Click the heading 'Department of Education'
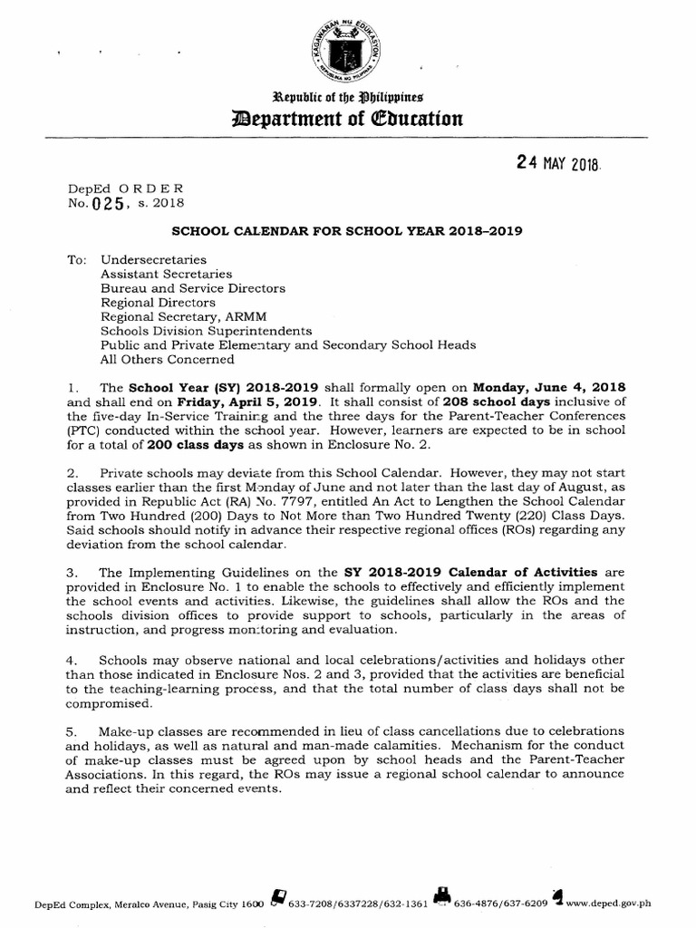(349, 118)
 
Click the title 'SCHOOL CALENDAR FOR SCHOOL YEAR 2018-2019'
(347, 231)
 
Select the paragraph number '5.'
(73, 730)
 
